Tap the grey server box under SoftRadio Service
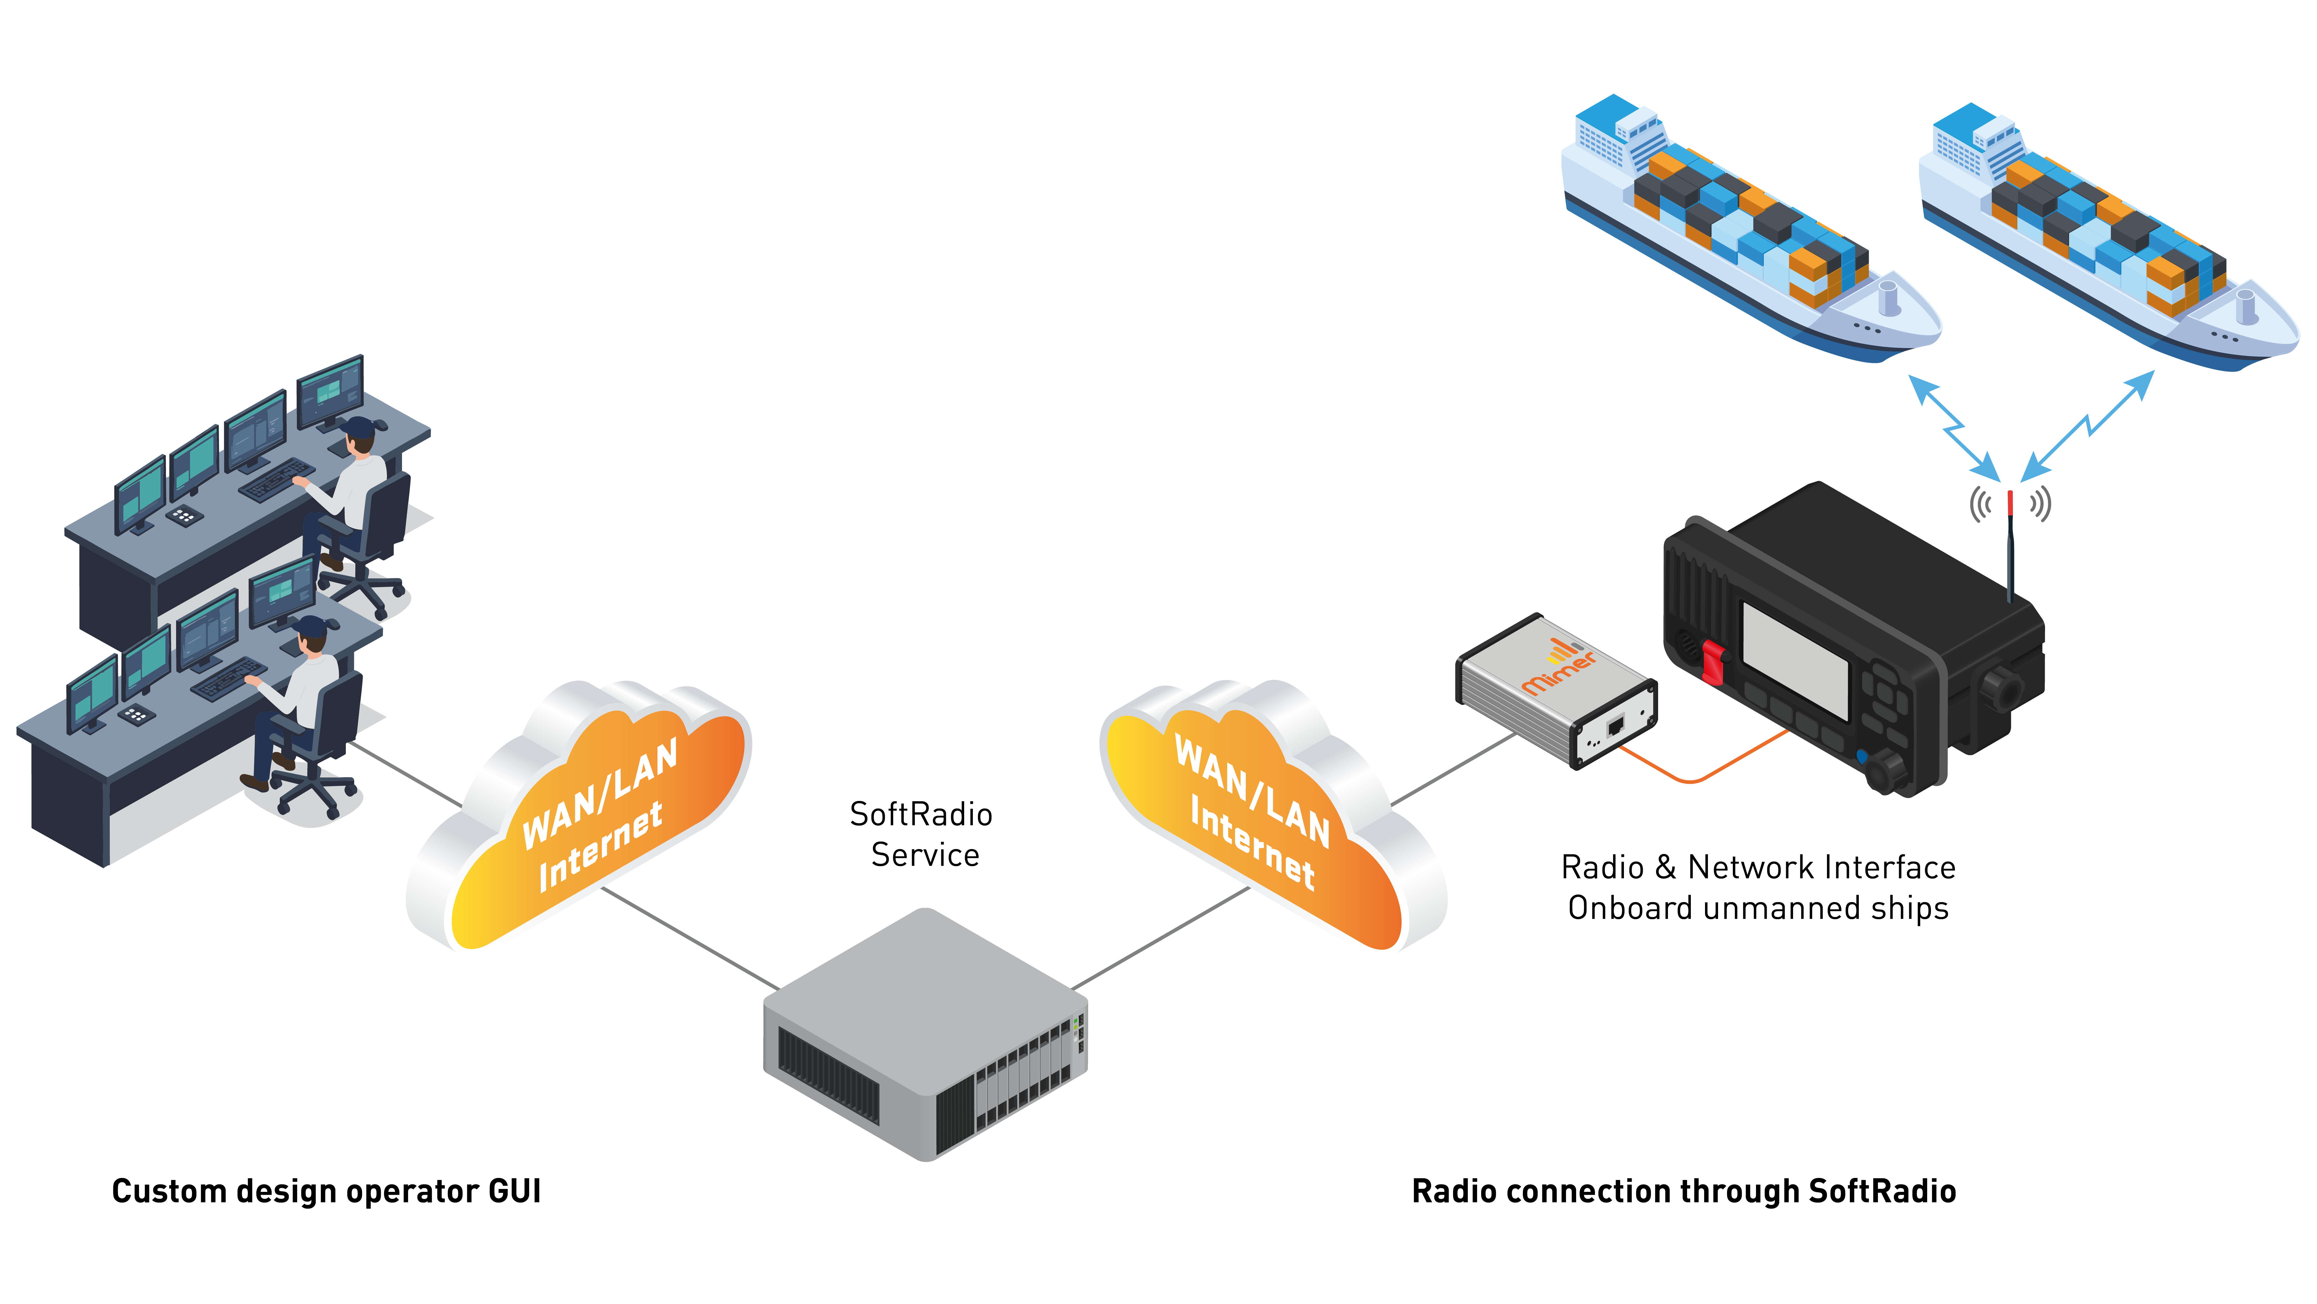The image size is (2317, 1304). [x=925, y=1035]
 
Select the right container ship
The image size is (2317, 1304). [x=2105, y=238]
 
